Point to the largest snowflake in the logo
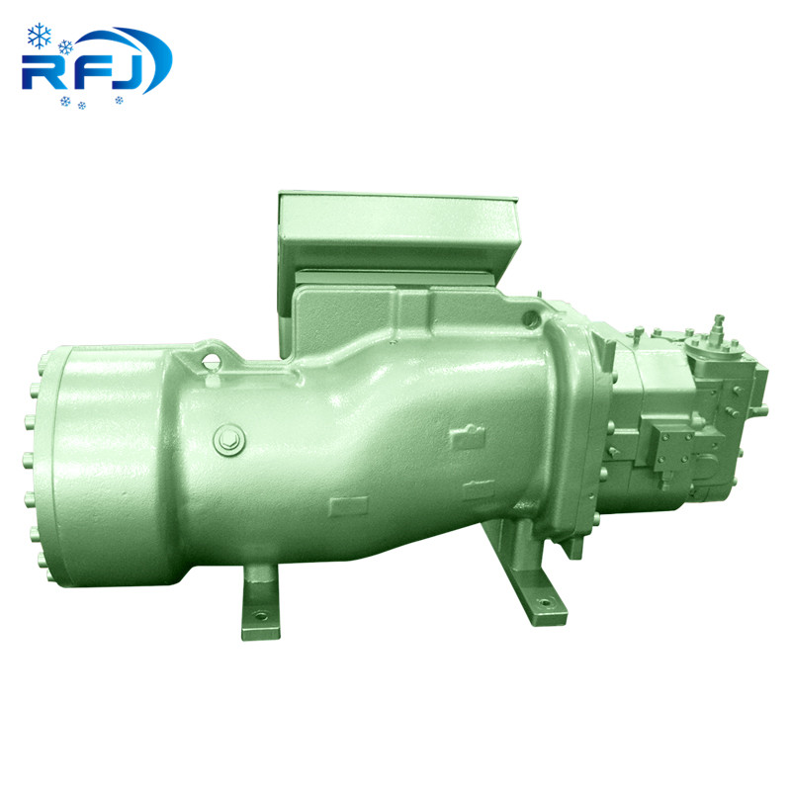[40, 38]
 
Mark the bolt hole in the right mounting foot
[541, 598]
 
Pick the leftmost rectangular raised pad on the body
[347, 506]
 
